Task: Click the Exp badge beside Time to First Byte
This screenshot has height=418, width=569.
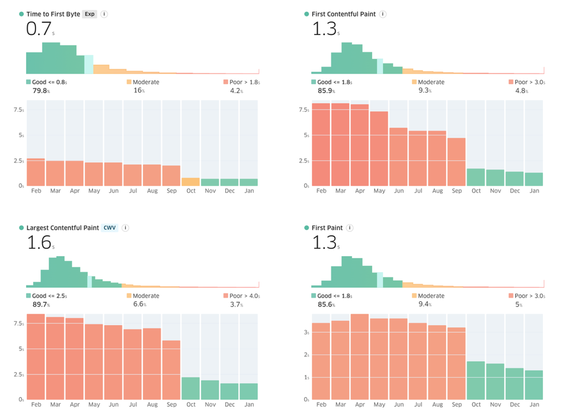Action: coord(89,14)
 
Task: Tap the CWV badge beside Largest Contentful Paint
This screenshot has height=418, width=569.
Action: coord(110,228)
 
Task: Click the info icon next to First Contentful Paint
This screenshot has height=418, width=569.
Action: coord(383,14)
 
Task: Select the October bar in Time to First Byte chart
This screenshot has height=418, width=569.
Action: coord(190,181)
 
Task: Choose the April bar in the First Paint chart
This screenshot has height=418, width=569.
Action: coord(360,356)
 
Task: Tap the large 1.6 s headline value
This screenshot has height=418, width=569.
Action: coord(40,242)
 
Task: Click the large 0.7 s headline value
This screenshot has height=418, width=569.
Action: coord(40,29)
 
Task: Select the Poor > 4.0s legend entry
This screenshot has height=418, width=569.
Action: coord(241,296)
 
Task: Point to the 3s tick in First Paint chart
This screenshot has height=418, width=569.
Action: coord(306,333)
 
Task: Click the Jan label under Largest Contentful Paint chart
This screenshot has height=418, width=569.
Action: coord(249,404)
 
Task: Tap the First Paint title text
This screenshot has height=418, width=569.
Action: coord(327,228)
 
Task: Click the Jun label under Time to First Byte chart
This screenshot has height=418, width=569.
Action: coord(113,191)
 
